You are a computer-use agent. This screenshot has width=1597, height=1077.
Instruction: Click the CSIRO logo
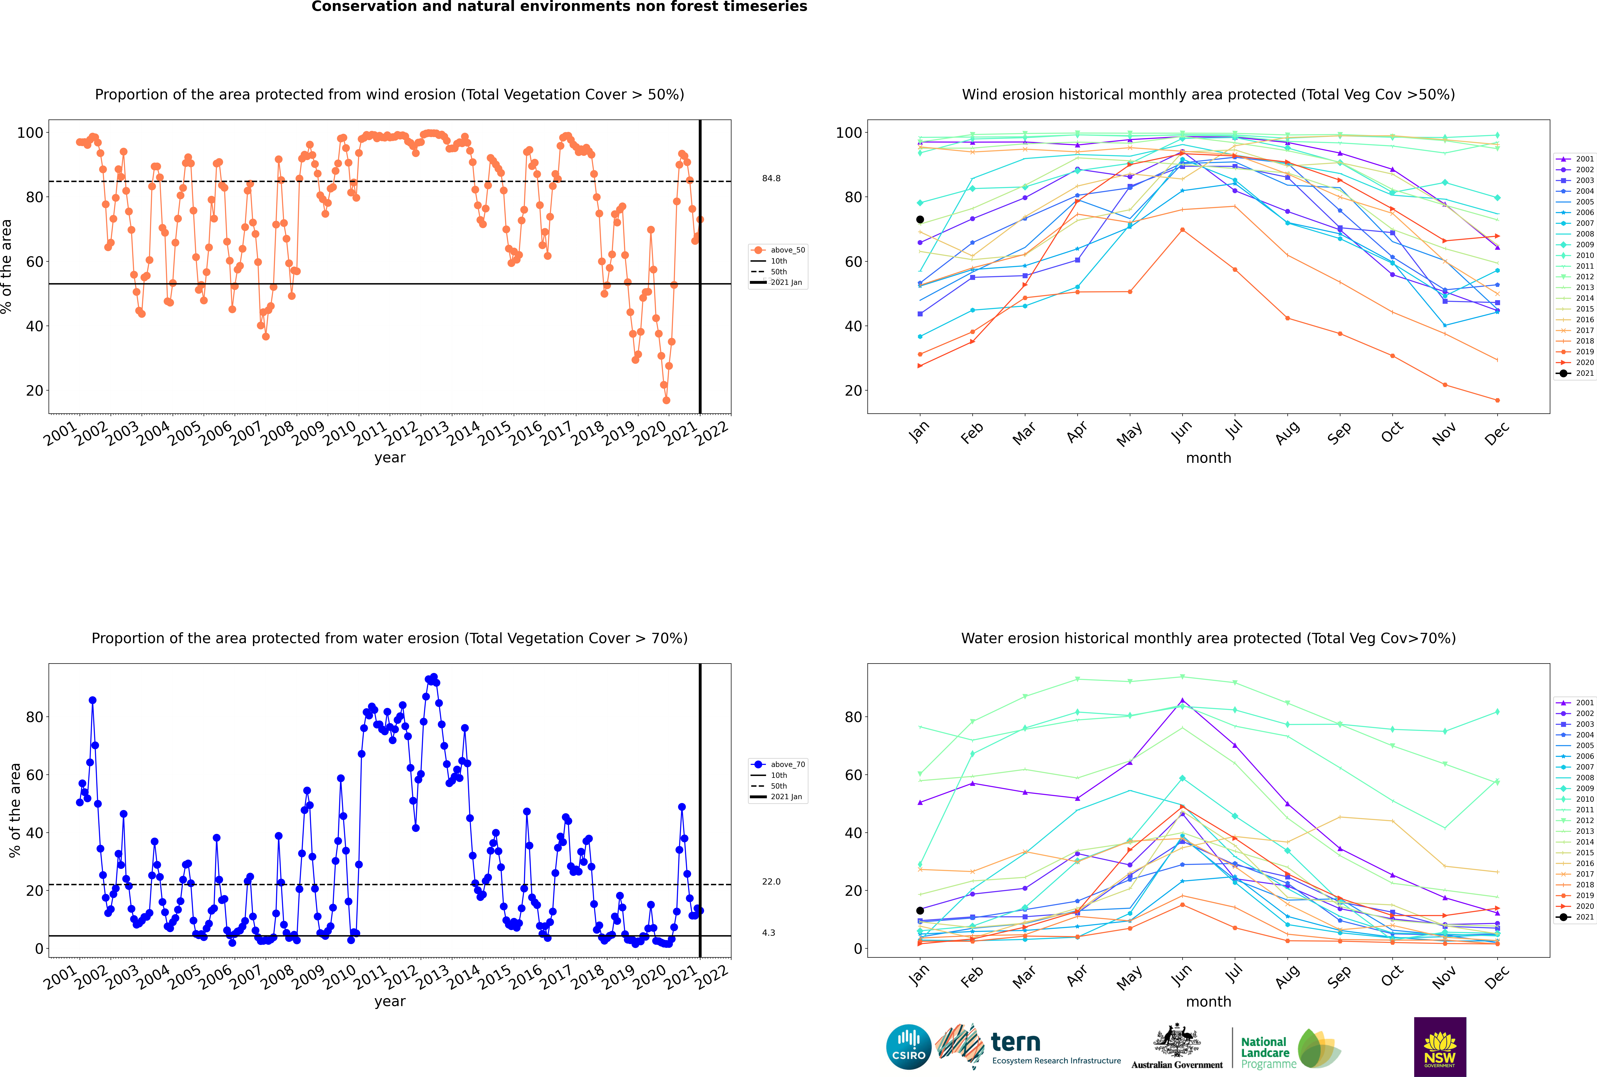click(908, 1047)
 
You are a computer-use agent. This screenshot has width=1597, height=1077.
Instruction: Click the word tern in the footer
click(1015, 1042)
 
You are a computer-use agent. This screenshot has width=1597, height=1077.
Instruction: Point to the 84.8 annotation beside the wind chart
click(771, 179)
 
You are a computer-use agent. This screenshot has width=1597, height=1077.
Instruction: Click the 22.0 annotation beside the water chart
click(771, 881)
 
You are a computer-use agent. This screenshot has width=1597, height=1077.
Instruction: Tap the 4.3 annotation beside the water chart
click(768, 933)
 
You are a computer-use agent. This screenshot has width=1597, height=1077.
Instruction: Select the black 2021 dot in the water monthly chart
click(920, 911)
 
